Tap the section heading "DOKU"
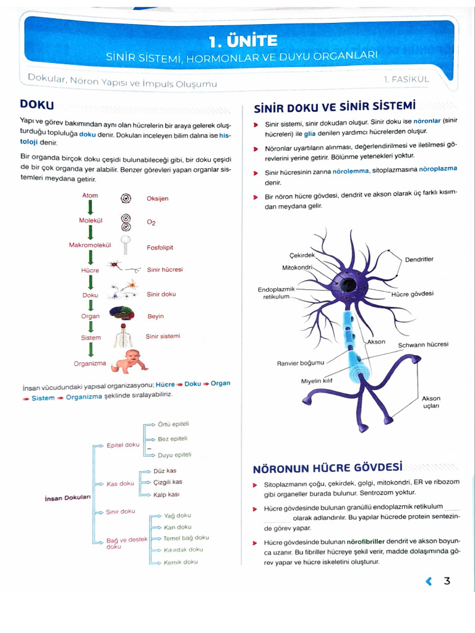tap(37, 104)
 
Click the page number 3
tap(447, 580)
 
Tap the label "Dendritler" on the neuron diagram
tap(419, 259)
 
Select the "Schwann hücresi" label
tap(422, 344)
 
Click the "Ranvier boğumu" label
tap(300, 363)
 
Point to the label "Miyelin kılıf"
tap(317, 381)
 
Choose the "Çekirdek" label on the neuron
tap(302, 255)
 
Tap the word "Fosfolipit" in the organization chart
tap(160, 247)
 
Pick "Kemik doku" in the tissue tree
tap(181, 562)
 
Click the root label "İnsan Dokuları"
tap(68, 498)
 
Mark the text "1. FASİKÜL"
tap(406, 79)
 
